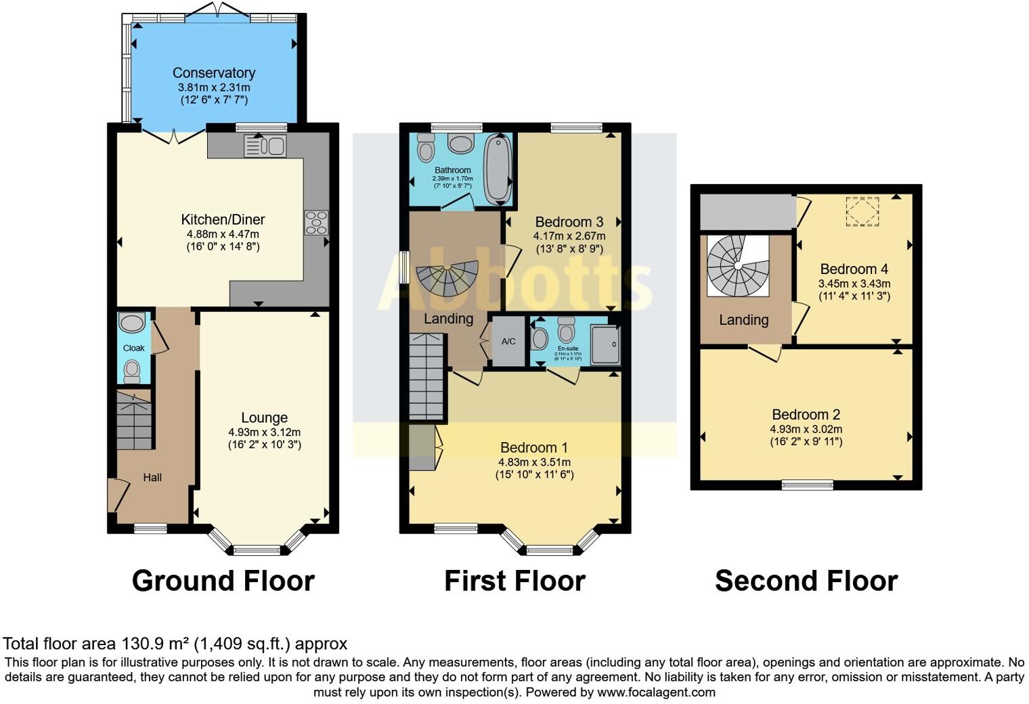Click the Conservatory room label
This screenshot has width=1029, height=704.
214,73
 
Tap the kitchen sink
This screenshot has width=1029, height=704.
265,146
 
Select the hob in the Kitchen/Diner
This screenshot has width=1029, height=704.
316,223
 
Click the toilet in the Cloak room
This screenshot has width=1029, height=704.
132,370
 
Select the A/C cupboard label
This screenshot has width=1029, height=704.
508,341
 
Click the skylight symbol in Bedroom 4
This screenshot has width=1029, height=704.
862,211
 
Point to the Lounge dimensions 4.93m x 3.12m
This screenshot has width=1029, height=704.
264,432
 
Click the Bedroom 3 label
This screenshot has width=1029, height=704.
569,222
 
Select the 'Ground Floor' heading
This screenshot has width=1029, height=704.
223,581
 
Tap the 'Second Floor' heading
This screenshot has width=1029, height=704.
806,581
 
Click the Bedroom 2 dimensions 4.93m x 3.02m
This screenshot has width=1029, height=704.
806,429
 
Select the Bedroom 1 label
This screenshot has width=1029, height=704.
533,447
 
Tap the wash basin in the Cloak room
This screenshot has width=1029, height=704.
131,322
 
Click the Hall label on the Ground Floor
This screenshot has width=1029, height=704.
152,477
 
